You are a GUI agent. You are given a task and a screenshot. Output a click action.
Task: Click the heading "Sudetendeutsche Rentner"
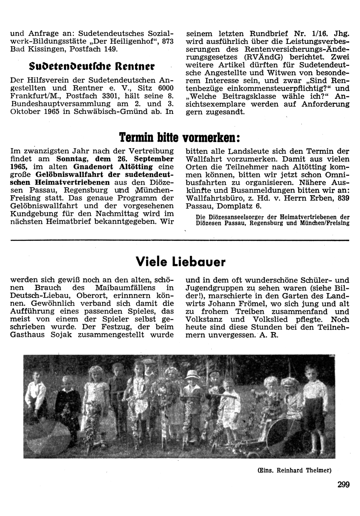coord(92,66)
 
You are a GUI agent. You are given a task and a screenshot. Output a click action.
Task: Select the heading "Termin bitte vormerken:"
coord(179,137)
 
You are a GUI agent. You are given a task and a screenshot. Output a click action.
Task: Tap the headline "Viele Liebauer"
coord(181,262)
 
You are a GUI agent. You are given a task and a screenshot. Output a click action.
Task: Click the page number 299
coord(343,485)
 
